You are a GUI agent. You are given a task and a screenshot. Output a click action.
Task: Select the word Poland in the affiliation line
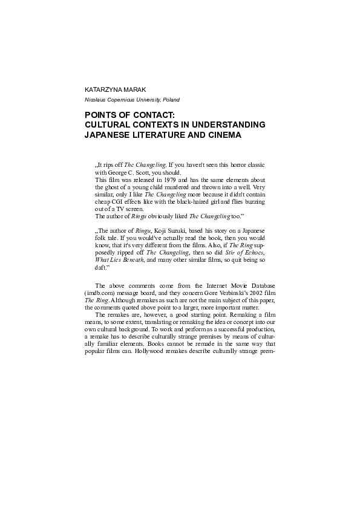169,99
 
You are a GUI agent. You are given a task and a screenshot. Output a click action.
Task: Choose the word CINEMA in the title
218,135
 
